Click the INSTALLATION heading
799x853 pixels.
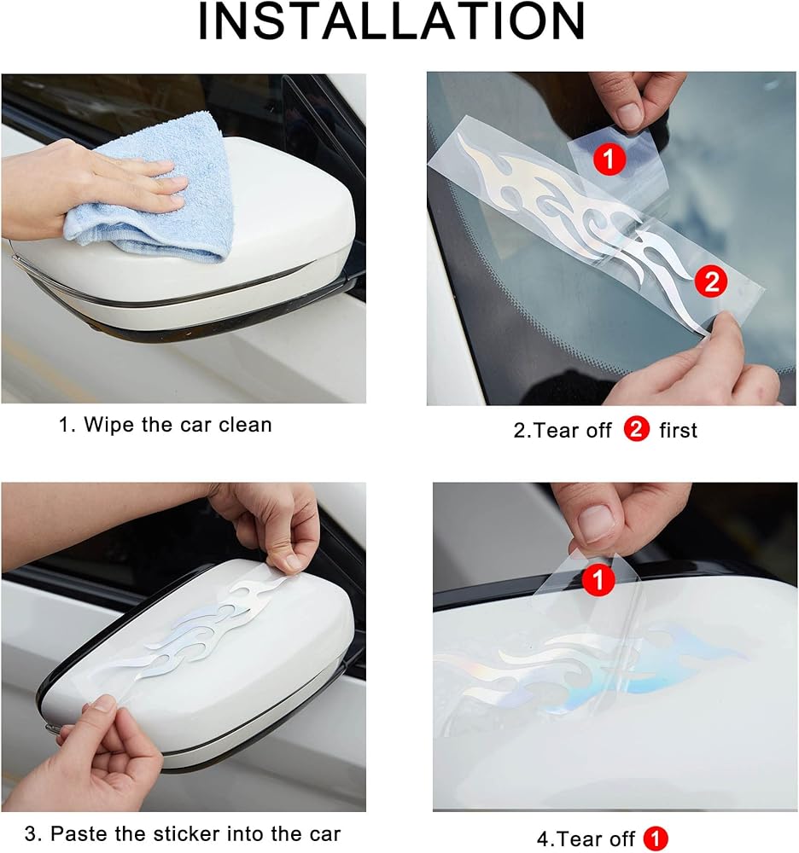391,22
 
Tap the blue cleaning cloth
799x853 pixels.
158,190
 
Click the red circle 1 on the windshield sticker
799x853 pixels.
609,159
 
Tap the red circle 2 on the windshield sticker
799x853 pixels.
711,281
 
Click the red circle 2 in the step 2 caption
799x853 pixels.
636,429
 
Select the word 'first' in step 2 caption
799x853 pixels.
678,430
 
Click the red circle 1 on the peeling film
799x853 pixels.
598,579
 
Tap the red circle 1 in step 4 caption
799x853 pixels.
655,838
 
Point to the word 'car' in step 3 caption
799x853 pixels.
323,833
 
